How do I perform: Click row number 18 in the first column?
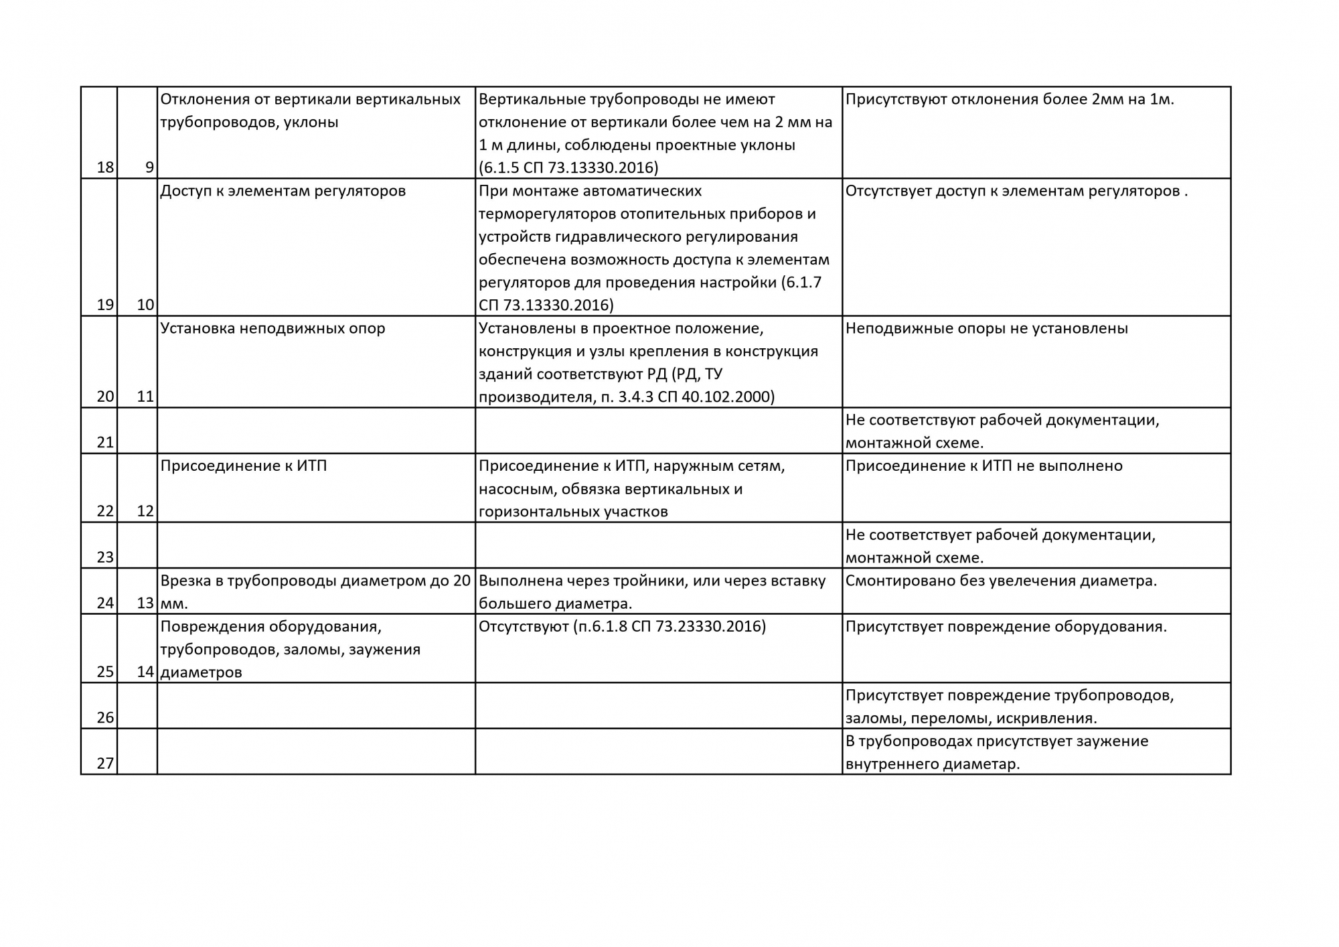point(105,167)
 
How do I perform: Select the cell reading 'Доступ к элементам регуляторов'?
point(283,191)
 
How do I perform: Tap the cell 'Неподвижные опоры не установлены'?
point(986,328)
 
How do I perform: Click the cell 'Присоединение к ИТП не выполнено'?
point(983,465)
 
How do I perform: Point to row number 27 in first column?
point(105,763)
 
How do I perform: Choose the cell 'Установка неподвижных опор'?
point(272,328)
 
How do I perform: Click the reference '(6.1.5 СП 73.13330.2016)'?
point(568,167)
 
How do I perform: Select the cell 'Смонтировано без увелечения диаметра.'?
point(1001,581)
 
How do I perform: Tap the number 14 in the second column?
point(145,672)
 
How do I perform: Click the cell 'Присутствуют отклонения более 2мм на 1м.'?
point(1010,99)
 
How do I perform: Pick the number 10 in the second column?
point(145,305)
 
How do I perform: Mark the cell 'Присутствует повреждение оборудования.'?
point(1006,626)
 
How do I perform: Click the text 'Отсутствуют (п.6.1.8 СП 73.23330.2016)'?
point(622,626)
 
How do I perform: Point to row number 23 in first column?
point(105,557)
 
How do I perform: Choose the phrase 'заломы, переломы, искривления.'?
point(971,718)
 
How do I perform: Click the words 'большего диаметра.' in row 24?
point(555,603)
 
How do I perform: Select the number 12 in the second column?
point(145,511)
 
